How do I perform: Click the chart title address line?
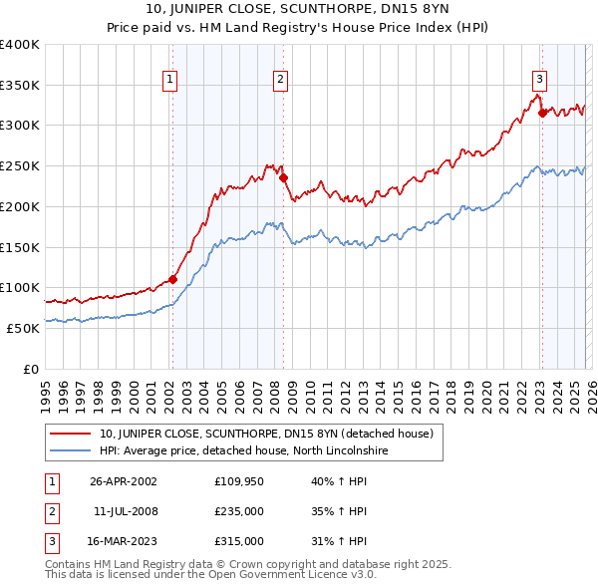coord(298,11)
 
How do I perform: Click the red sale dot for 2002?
coord(172,279)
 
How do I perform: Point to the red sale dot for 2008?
coord(283,178)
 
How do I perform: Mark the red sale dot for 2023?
coord(542,114)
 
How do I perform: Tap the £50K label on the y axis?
coord(23,327)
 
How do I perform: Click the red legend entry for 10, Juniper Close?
coord(266,434)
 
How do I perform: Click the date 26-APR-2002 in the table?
coord(124,481)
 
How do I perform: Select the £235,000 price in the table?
coord(239,511)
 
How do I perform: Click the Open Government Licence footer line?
coord(210,575)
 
